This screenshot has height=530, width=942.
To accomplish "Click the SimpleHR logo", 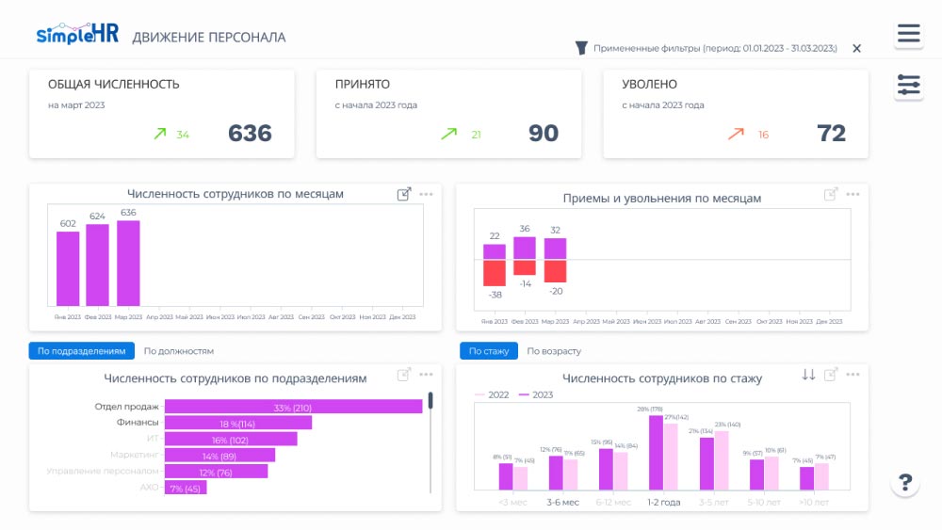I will pos(76,34).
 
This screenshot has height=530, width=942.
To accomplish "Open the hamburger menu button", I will pos(908,35).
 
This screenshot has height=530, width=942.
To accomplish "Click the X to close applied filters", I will pos(856,48).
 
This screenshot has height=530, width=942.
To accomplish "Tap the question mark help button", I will pos(905,483).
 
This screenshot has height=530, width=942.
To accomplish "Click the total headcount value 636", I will pos(250,134).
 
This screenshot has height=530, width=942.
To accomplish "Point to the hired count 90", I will pos(544,134).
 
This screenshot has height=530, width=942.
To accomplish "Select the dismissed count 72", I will pos(831,134).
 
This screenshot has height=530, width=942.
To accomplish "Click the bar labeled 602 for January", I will pos(68,268).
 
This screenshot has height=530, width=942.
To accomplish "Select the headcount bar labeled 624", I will pos(98,265).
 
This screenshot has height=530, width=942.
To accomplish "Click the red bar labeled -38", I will pos(495,273).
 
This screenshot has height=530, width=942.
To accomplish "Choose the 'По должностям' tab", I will pos(178,351).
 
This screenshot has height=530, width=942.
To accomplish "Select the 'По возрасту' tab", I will pos(554,351).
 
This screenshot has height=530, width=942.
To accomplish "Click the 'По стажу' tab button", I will pos(488,351).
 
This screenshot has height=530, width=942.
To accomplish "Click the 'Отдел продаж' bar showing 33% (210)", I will pos(293,407).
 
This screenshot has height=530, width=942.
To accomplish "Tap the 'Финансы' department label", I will pos(138,424).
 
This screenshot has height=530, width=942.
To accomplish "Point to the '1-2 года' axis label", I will pos(663,503).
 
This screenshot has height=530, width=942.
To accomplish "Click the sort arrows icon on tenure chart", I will pos(808,375).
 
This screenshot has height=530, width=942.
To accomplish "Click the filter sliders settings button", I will pos(908,86).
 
